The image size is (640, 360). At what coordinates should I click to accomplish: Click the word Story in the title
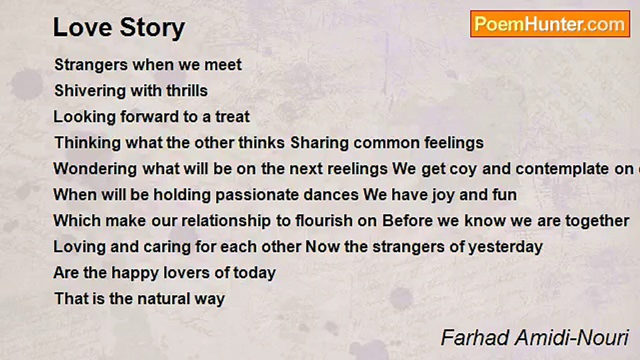pos(152,28)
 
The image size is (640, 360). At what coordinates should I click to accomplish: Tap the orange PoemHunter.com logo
pos(550,24)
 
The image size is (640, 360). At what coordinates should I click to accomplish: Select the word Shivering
pos(90,91)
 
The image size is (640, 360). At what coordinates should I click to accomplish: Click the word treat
pos(232,117)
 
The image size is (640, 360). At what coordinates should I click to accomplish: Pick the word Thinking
pos(87,143)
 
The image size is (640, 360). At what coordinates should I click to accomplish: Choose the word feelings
pos(454,143)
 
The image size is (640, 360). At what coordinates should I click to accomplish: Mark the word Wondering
pos(95,169)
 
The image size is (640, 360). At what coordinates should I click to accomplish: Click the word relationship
pos(226,221)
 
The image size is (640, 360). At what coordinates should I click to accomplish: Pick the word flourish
pos(320,221)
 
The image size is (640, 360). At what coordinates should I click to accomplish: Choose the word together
pos(597,221)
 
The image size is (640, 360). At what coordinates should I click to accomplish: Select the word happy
pos(135,273)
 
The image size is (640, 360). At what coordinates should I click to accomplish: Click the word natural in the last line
pos(163,299)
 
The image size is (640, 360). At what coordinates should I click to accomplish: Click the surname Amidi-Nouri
pos(571,338)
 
